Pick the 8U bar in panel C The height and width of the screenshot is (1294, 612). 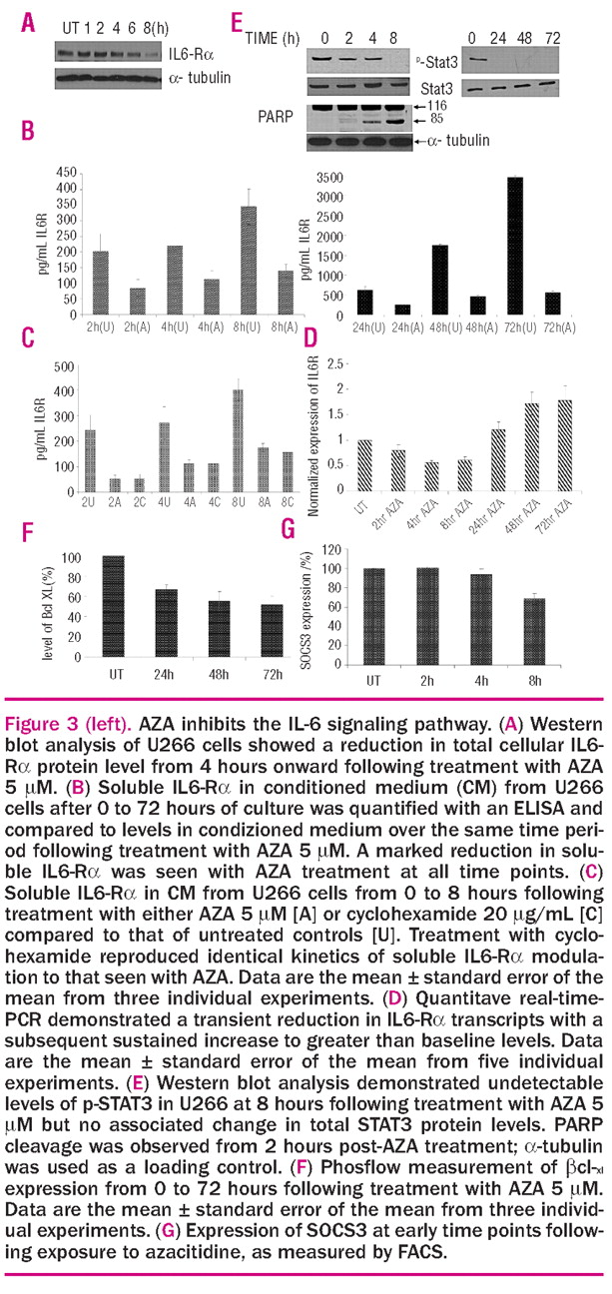pyautogui.click(x=238, y=440)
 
